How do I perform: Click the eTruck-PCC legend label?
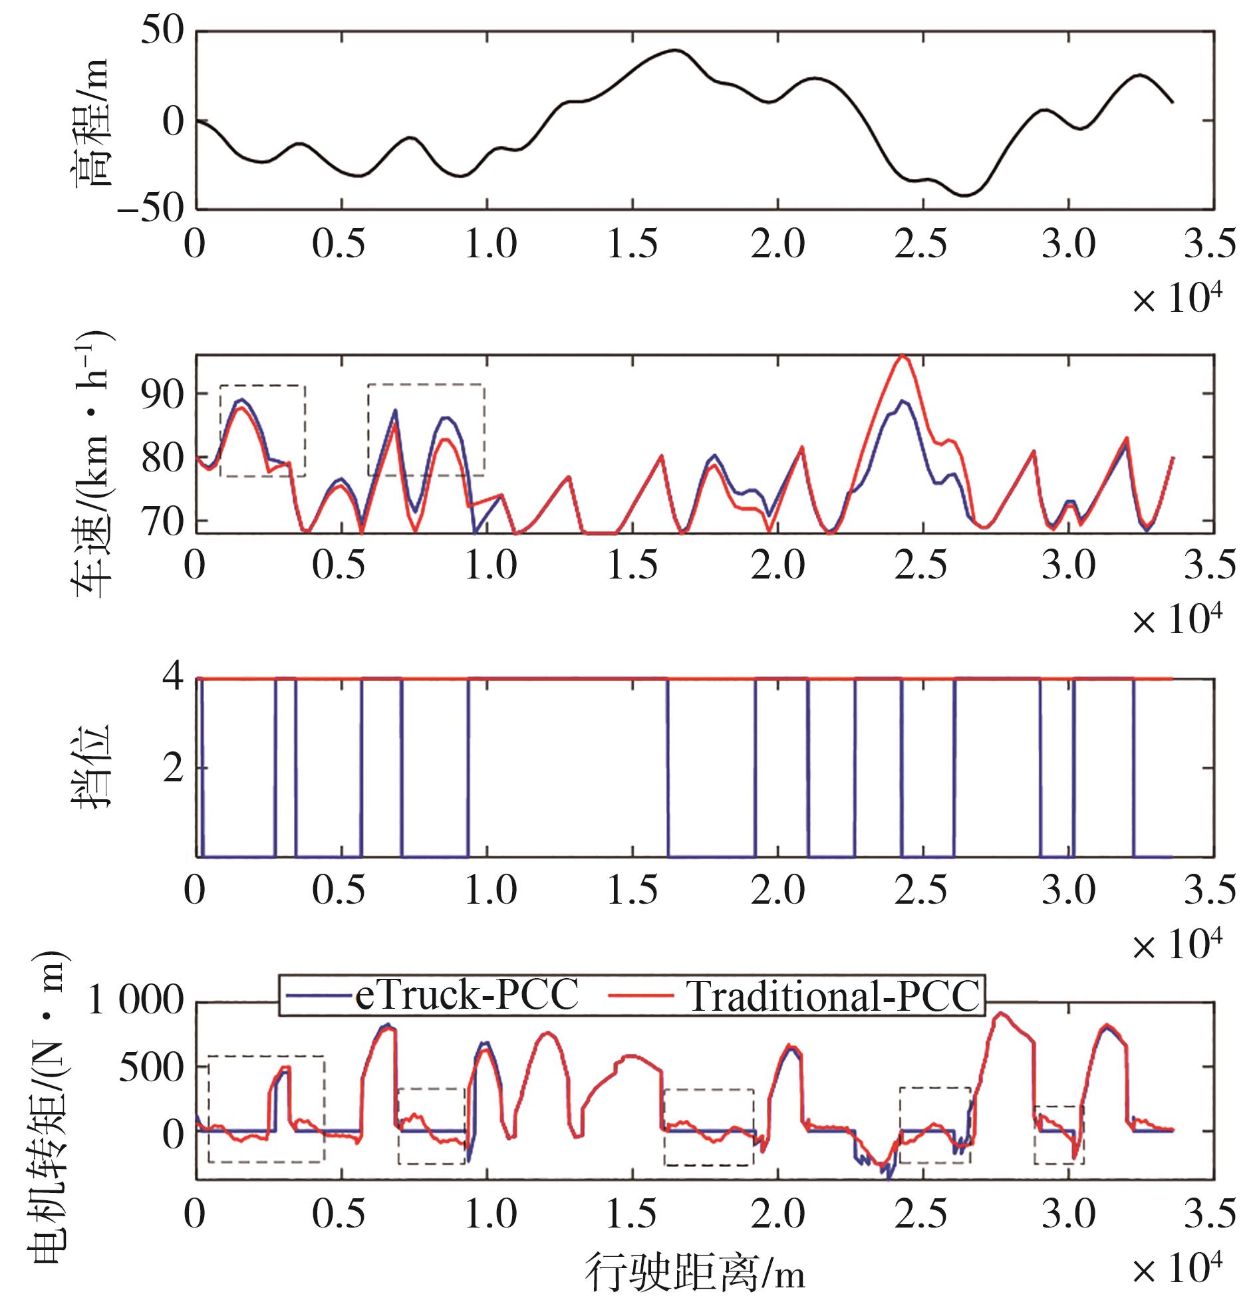click(466, 997)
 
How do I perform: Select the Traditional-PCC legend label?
click(833, 997)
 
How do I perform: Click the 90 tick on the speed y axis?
click(162, 394)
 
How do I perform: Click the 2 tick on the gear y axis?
click(172, 769)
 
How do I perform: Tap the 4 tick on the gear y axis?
click(172, 679)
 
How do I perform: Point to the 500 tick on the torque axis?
click(151, 1069)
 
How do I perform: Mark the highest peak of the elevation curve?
click(676, 50)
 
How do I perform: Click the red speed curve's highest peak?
click(903, 355)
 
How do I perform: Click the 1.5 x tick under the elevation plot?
click(632, 244)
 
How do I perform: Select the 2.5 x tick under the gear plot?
click(920, 891)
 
